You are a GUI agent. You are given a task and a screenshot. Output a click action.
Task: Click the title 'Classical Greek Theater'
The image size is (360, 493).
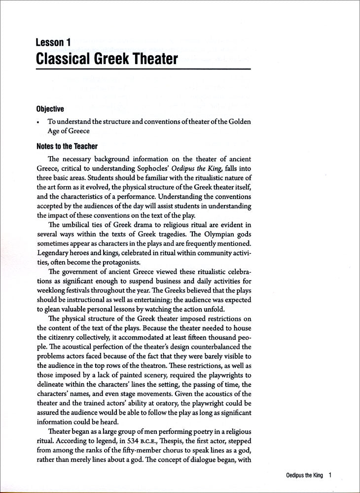click(107, 60)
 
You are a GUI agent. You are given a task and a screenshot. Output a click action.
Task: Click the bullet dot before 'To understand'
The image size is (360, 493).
click(38, 121)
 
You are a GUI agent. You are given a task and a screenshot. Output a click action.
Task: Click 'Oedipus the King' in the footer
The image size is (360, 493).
click(304, 476)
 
